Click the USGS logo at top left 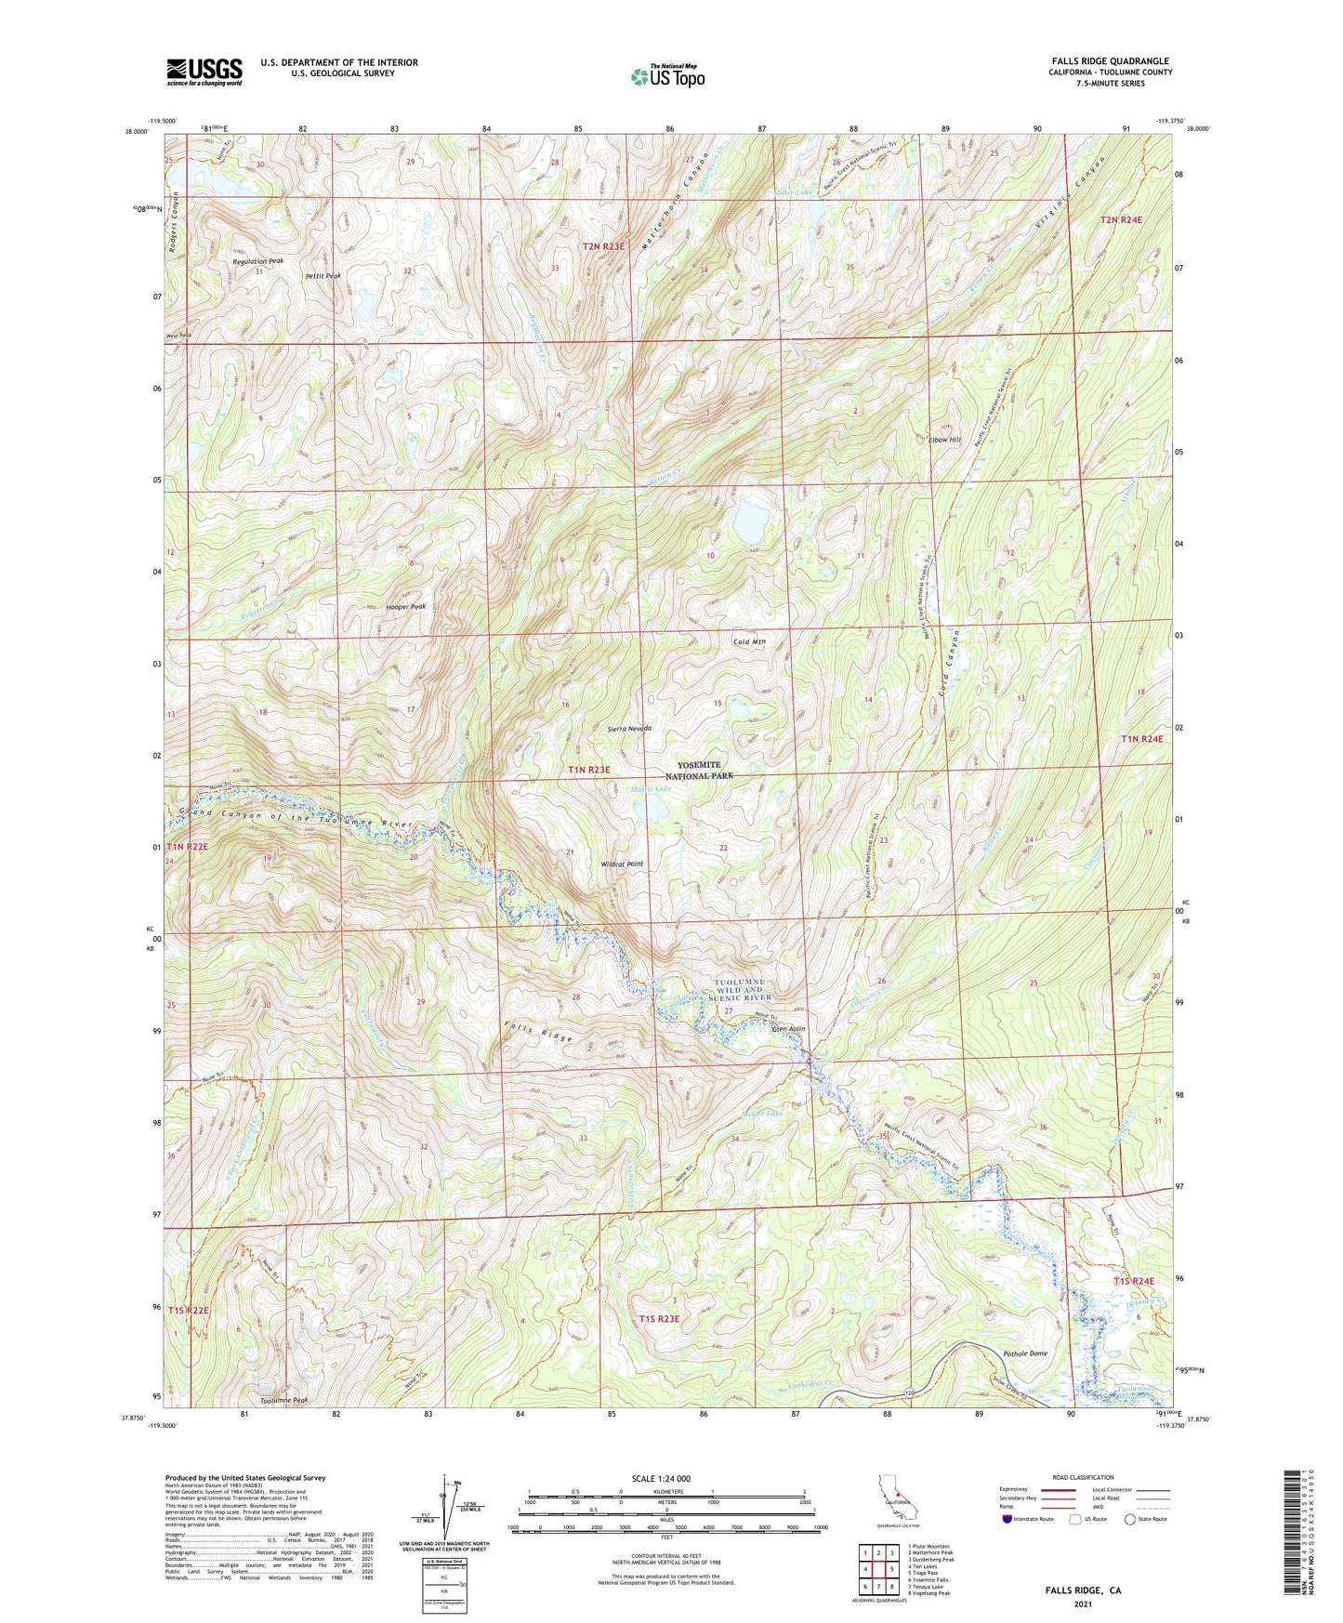(204, 72)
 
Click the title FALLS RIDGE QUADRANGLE (1111, 60)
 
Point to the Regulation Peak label (257, 261)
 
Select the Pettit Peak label (323, 276)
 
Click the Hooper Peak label (405, 606)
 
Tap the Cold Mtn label (749, 641)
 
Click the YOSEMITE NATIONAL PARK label (713, 770)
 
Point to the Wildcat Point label (622, 864)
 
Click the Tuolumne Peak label (283, 1400)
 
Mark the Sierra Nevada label (628, 728)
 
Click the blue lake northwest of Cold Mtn (748, 525)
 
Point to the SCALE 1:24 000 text (660, 1478)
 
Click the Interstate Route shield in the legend (1009, 1519)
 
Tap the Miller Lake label (793, 192)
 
